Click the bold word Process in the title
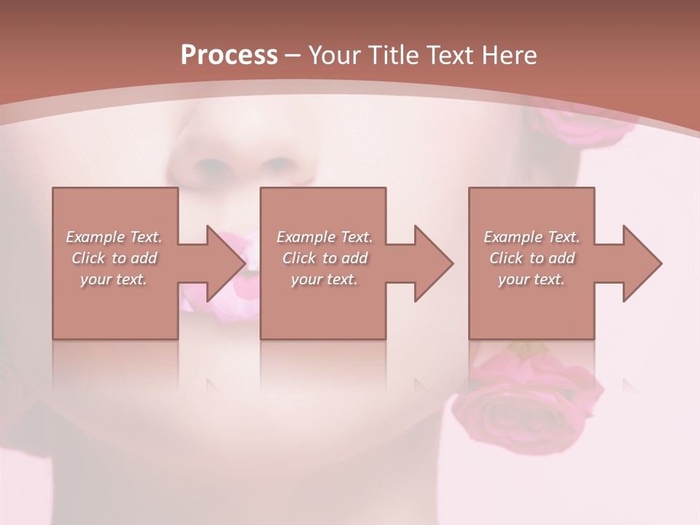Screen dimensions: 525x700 [229, 55]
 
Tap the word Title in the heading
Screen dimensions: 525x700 [394, 55]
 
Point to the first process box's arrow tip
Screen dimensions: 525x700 [246, 263]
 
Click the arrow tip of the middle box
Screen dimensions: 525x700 [453, 263]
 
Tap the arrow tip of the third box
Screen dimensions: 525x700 [661, 263]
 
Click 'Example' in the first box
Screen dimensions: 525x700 [96, 237]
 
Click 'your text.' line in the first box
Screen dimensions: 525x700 [114, 279]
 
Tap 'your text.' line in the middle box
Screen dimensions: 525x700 [324, 279]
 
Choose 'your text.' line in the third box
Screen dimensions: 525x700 [532, 279]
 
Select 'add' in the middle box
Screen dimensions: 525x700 [354, 258]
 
